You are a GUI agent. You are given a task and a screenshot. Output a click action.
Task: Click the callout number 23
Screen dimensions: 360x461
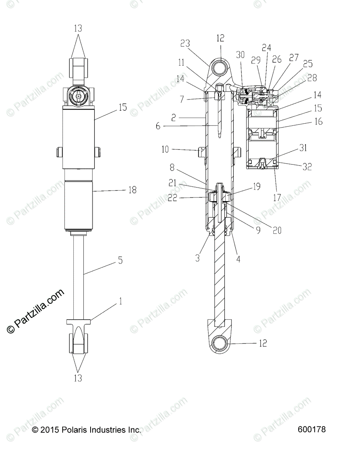(x=185, y=43)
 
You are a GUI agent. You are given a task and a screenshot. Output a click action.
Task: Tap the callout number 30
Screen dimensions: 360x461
(x=240, y=55)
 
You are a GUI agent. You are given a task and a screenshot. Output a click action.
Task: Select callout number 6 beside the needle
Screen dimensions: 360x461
(x=158, y=126)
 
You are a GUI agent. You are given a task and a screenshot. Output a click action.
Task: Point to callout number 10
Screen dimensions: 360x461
(x=165, y=149)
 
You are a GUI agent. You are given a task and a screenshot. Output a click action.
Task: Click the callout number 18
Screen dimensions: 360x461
(x=133, y=190)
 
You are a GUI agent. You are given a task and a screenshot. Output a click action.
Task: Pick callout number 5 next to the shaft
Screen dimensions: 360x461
(x=121, y=260)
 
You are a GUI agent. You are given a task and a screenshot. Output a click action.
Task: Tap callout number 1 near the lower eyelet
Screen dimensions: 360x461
(x=121, y=301)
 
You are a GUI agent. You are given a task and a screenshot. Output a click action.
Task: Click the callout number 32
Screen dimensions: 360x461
(x=307, y=167)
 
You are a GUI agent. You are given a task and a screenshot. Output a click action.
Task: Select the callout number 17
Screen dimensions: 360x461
(x=277, y=198)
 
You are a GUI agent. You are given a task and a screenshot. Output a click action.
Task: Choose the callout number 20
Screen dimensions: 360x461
(x=277, y=230)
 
